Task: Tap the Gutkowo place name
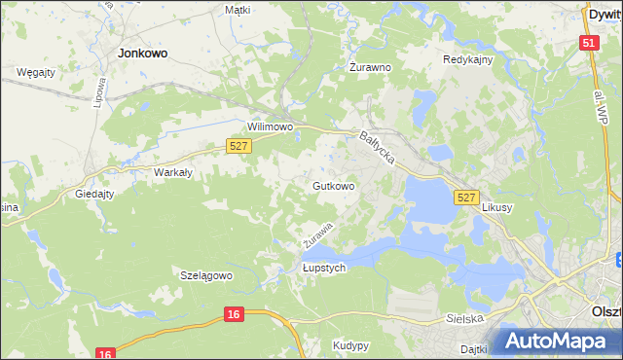[333, 185]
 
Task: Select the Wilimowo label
[270, 127]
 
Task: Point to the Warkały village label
[173, 172]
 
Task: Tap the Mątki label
[238, 10]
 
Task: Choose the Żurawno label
[370, 68]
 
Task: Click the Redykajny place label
[468, 59]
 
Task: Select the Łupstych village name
[324, 269]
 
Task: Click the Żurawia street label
[317, 234]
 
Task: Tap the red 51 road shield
[588, 43]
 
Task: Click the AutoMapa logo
[553, 341]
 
